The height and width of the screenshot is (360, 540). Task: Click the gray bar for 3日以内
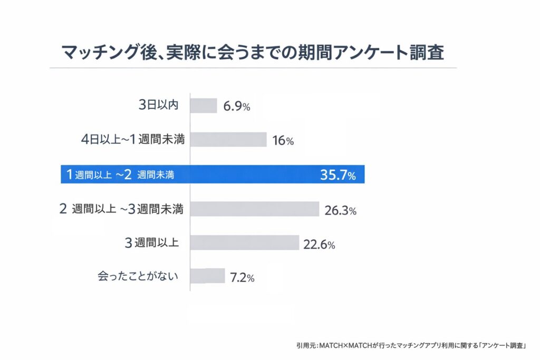point(204,105)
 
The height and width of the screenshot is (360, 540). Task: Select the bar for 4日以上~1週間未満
point(228,140)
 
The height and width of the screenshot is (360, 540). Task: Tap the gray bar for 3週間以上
point(245,242)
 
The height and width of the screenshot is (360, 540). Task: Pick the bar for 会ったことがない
point(207,276)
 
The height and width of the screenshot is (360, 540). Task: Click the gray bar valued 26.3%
point(255,209)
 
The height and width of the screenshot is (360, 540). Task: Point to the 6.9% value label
point(236,106)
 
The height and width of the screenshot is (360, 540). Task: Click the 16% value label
point(283,141)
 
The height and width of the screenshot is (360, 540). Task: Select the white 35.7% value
point(337,176)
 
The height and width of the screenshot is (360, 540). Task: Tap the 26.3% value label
point(341,211)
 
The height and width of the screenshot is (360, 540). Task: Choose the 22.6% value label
point(319,245)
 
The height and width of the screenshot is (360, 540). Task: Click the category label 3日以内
point(158,105)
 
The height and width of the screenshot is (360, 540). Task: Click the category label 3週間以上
point(151,243)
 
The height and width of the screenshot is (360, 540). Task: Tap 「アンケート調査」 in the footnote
point(504,345)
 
